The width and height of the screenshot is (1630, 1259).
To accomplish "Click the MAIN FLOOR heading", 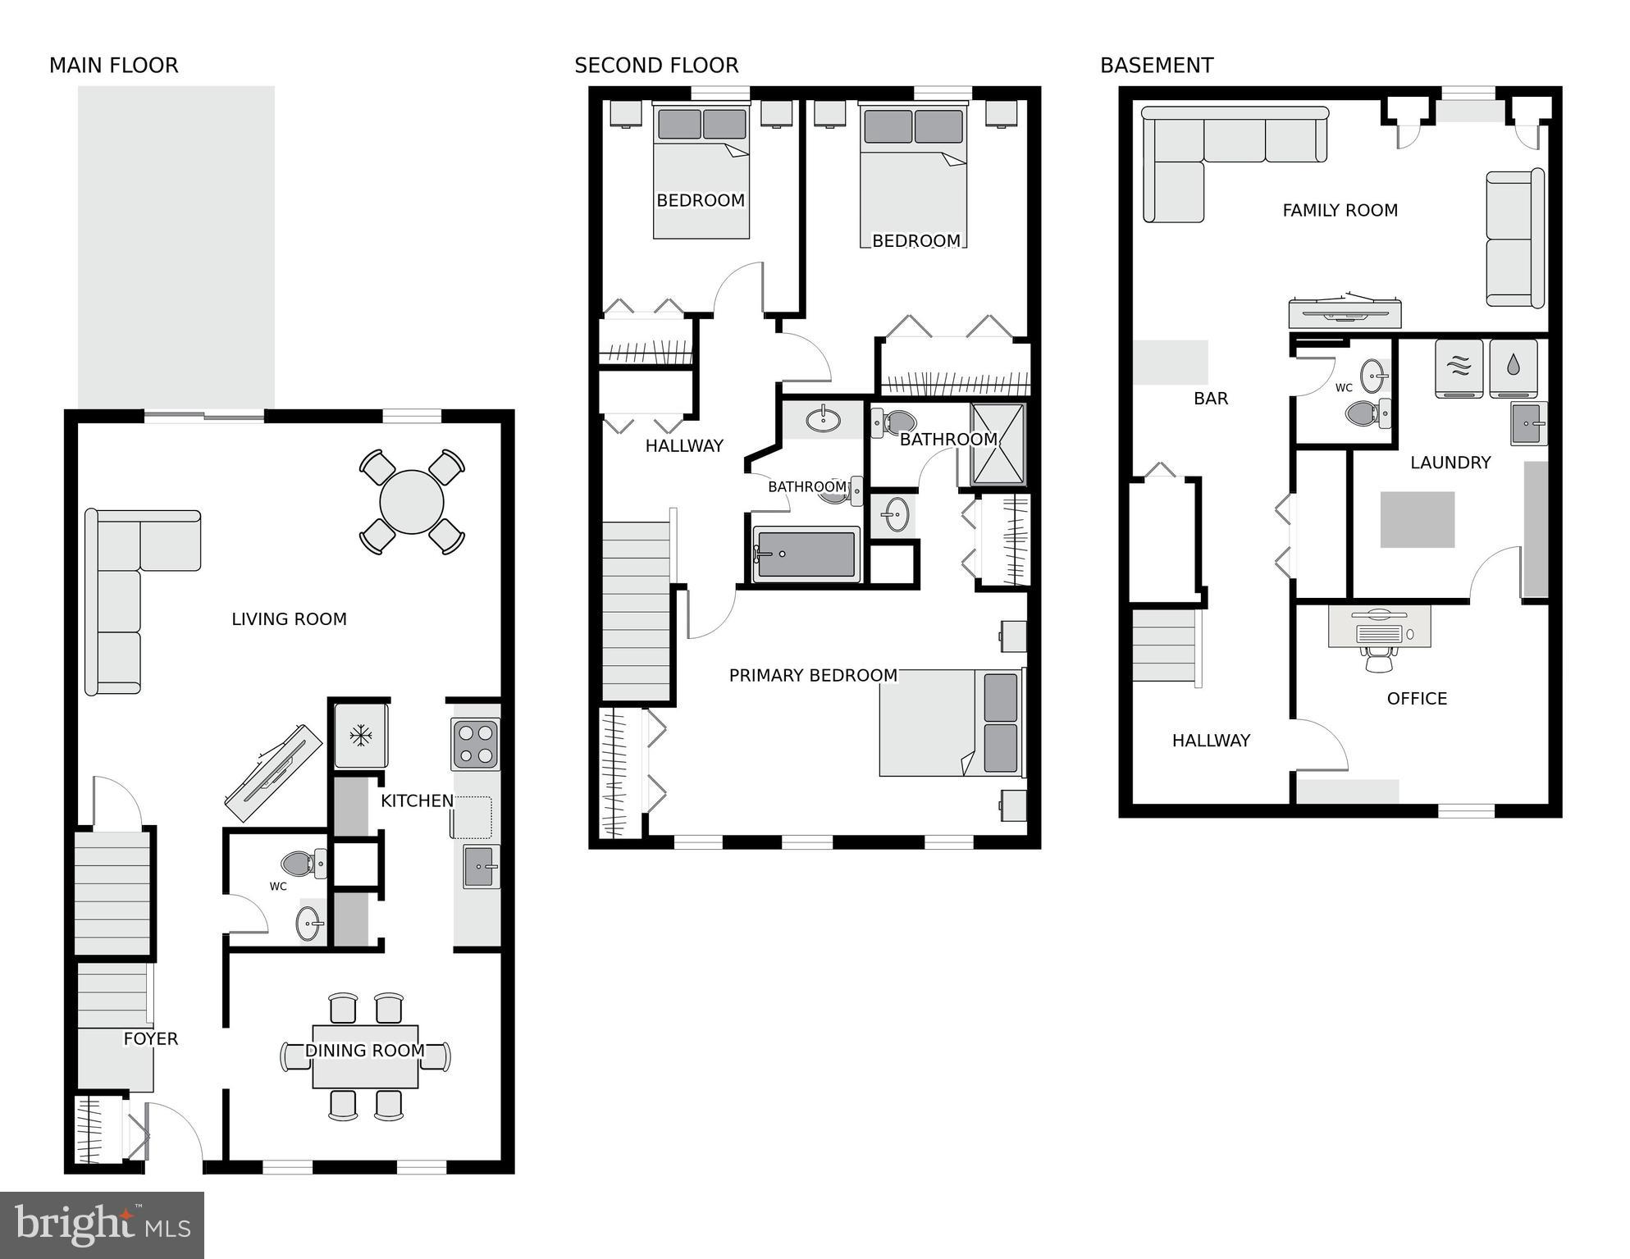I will (113, 66).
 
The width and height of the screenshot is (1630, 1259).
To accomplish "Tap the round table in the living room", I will (412, 501).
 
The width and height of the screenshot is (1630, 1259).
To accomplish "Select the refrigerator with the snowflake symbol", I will (360, 735).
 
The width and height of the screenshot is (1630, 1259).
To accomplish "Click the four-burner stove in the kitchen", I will (475, 744).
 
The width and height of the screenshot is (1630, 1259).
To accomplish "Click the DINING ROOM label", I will (364, 1051).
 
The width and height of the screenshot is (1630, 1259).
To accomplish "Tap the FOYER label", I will (151, 1039).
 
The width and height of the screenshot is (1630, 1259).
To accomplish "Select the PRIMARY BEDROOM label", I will (813, 676).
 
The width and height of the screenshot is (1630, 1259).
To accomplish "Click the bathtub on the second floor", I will (806, 554).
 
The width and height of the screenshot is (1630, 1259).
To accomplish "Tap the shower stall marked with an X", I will (997, 443).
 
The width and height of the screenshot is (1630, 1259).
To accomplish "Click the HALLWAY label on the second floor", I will (684, 446).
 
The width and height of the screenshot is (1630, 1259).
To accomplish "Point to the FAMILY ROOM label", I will (1340, 211).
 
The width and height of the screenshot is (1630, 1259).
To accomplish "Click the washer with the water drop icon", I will (1513, 367).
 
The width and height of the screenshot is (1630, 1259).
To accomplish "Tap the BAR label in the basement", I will (1211, 399).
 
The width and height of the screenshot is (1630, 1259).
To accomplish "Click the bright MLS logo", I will (102, 1225).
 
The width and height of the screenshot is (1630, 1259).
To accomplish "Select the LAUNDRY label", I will (1450, 463).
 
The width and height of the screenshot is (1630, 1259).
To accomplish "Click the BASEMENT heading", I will (1156, 66).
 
